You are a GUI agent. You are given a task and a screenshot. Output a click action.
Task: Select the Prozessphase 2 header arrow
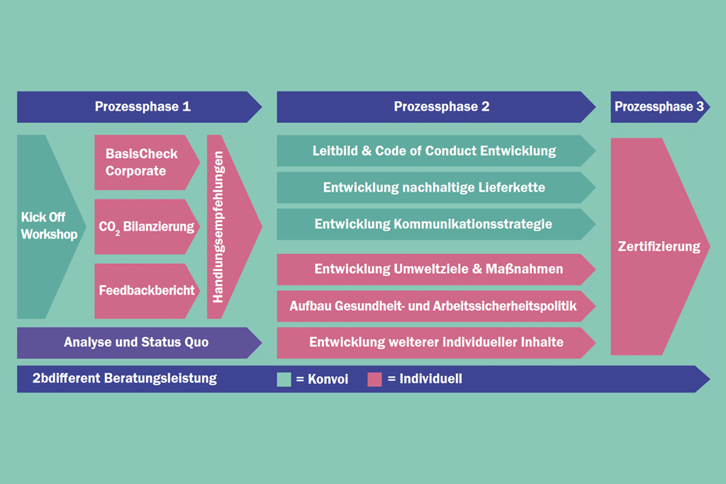[x=435, y=107]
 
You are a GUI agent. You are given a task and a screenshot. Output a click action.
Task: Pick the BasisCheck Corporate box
[x=142, y=163]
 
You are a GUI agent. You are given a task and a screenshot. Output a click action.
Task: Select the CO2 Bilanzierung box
[x=146, y=227]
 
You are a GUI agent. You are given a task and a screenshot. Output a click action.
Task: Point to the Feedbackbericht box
[x=146, y=290]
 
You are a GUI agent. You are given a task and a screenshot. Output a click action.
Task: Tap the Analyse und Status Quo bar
[x=136, y=343]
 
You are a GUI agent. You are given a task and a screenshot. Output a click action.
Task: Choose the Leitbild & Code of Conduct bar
[x=434, y=151]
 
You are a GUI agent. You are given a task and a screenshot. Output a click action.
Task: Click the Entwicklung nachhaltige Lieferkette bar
[x=434, y=188]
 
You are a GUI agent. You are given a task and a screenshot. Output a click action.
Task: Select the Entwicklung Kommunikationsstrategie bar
[x=434, y=224]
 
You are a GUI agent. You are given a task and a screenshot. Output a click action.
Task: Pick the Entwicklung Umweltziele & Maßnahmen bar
[x=434, y=270]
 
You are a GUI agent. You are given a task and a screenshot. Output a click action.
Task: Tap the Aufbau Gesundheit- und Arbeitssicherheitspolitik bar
[x=434, y=307]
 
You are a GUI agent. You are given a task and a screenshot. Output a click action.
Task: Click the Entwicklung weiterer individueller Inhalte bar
[x=434, y=343]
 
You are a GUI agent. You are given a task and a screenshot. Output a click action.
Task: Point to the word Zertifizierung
[x=659, y=247]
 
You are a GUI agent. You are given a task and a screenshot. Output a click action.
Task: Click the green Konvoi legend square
[x=284, y=380]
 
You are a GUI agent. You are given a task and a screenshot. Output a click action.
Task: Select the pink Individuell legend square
[x=374, y=380]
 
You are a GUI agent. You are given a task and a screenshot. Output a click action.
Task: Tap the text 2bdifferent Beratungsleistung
[x=124, y=378]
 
